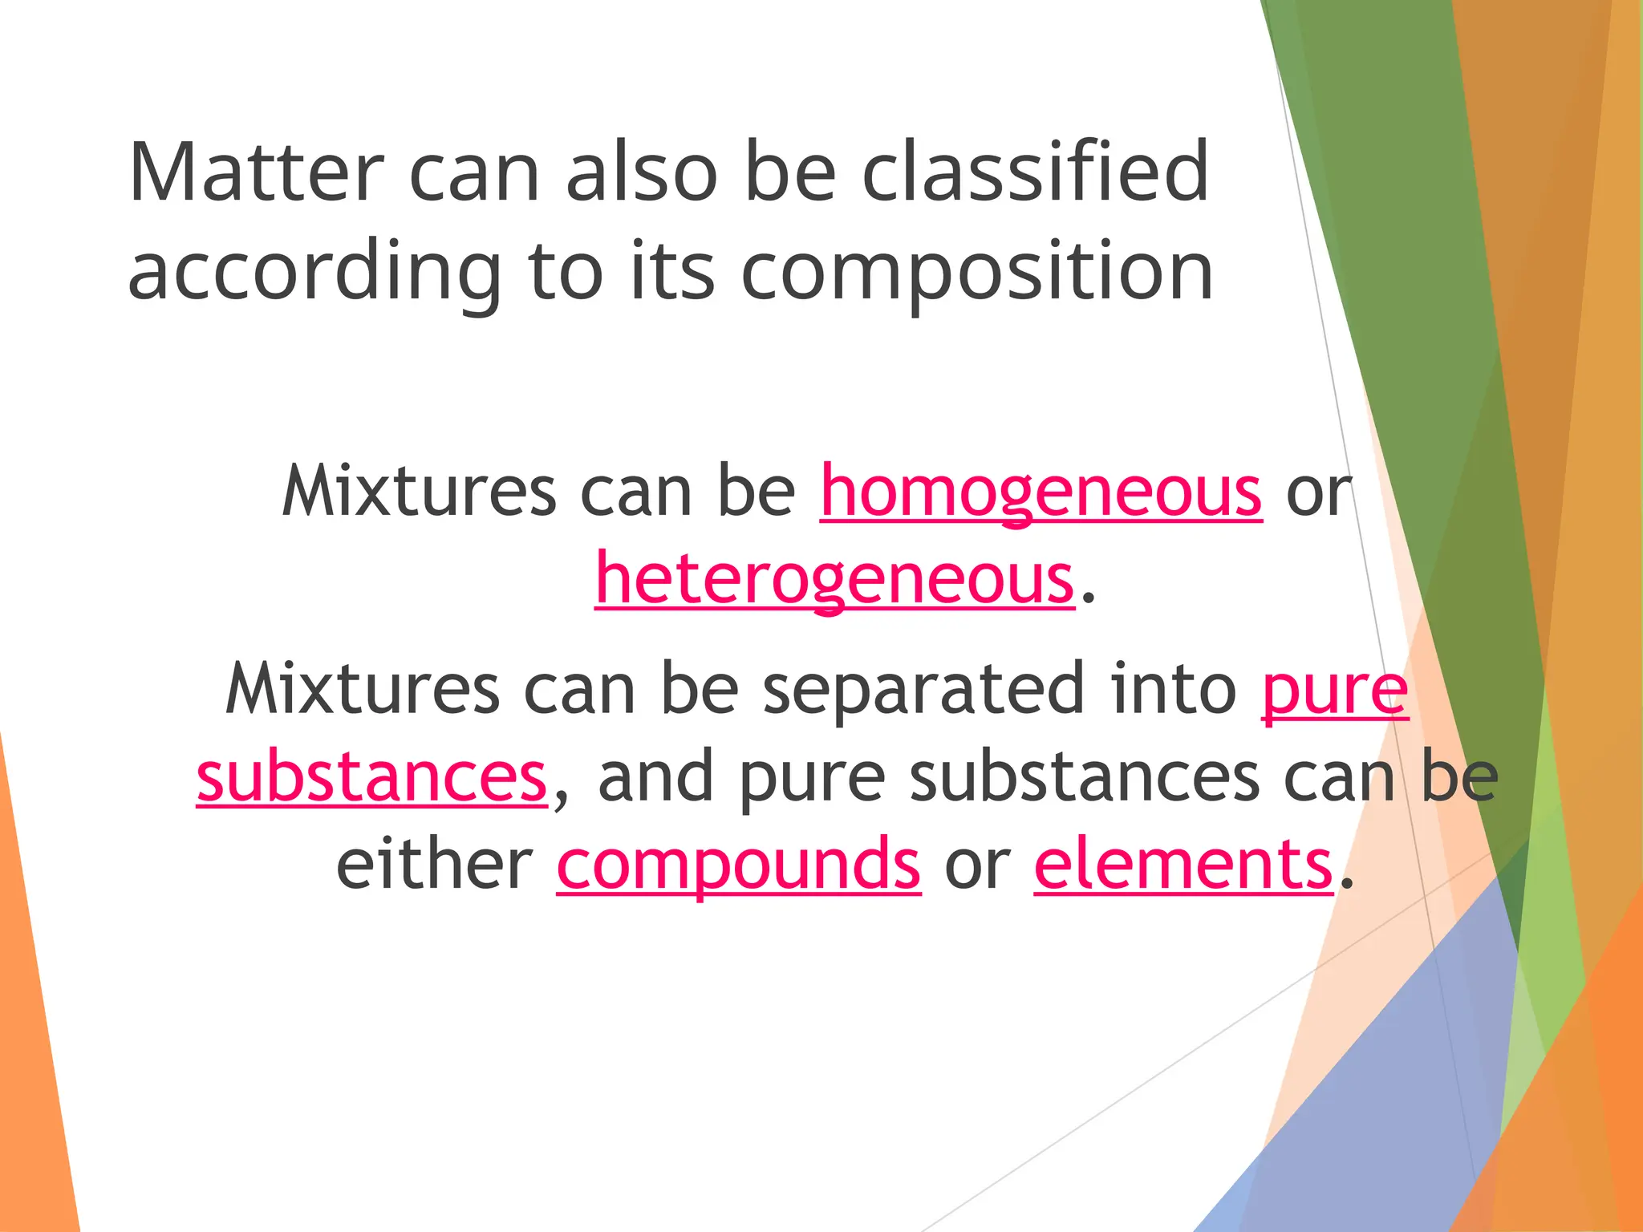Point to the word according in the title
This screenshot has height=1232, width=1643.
pos(314,273)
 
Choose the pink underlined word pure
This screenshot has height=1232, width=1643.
pos(1334,690)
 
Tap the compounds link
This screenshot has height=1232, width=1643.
pos(738,864)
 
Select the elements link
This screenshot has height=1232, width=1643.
pos(1183,864)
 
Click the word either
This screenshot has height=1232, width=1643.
pos(434,864)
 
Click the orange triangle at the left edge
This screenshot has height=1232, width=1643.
pos(32,1043)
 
